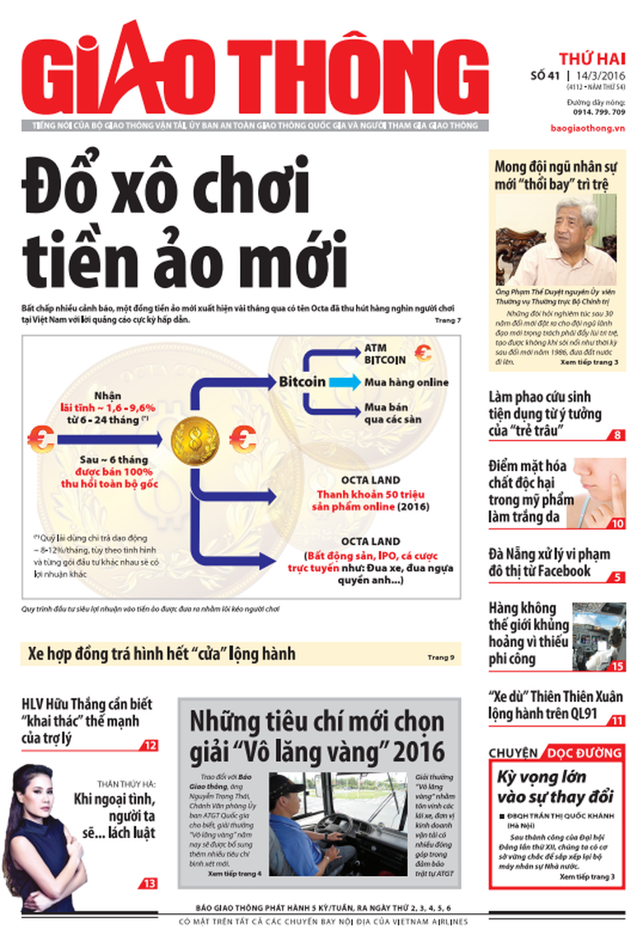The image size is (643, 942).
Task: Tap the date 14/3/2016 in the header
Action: [597, 77]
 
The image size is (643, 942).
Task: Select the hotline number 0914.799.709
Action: [595, 111]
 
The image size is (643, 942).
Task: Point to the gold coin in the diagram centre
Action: [195, 440]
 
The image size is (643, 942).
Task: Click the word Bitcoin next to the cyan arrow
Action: [302, 383]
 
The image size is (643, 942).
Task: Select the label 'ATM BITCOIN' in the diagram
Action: [384, 355]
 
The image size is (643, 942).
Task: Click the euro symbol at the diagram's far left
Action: [42, 436]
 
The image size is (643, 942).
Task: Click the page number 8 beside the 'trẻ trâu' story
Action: [617, 435]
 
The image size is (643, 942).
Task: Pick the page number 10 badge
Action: [617, 523]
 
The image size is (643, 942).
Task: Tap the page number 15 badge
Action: [617, 665]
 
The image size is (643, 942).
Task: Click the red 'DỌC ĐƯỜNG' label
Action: [583, 753]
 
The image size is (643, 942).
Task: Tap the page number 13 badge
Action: [148, 883]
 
